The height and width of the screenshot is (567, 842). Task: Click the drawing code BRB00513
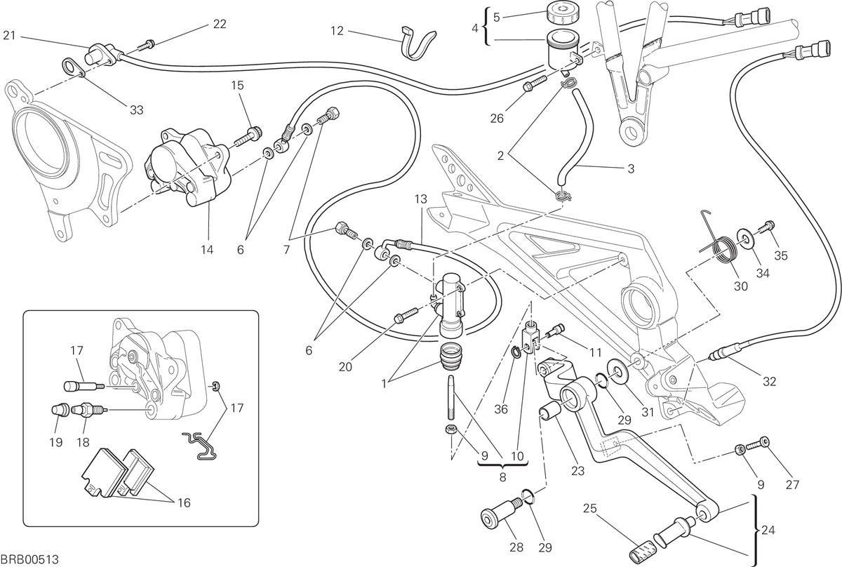pos(29,559)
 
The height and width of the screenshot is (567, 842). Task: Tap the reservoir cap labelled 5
pos(562,13)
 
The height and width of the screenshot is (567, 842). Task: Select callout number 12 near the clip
pos(338,31)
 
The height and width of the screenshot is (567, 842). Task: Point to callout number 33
pos(136,109)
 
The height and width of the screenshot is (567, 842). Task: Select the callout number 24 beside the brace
pos(768,530)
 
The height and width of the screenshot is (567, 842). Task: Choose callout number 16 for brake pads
pos(184,502)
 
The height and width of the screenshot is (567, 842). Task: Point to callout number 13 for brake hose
pos(421,199)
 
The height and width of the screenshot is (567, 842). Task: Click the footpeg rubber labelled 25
pos(642,550)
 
